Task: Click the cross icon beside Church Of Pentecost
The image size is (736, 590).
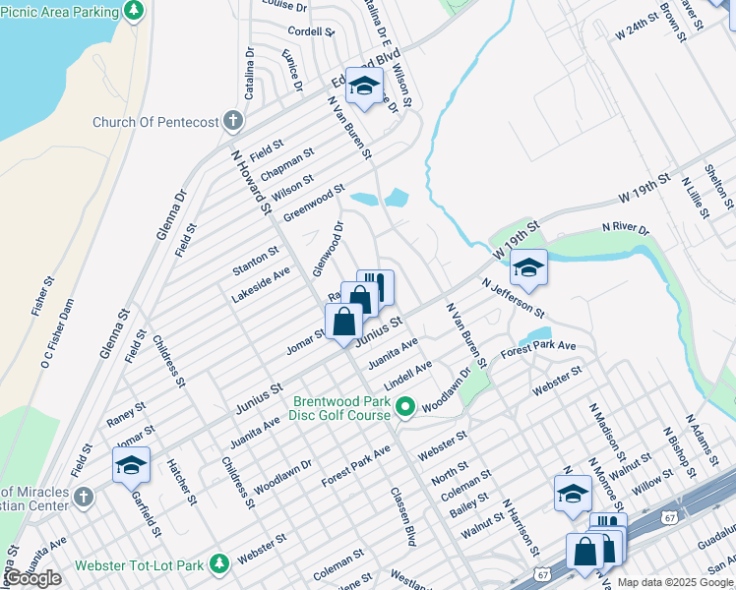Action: click(232, 122)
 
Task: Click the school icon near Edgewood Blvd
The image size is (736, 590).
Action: click(364, 86)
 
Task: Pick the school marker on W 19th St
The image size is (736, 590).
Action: click(528, 267)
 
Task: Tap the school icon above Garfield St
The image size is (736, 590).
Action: click(131, 466)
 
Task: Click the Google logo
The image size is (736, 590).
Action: click(31, 578)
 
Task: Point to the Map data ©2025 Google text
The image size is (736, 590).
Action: click(675, 582)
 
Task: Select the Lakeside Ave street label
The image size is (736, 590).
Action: click(261, 283)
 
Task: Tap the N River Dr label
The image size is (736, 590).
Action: click(624, 229)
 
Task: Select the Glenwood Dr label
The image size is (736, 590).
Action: click(328, 249)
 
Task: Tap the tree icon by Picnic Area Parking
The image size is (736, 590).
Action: click(135, 11)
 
